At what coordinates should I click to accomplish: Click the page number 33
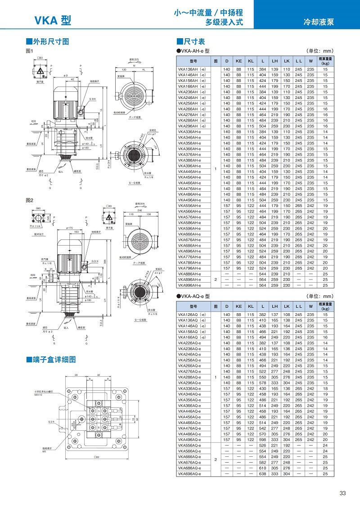pyautogui.click(x=343, y=493)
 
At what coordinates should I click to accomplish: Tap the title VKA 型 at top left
pyautogui.click(x=53, y=20)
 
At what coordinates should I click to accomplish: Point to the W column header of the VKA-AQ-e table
pyautogui.click(x=310, y=306)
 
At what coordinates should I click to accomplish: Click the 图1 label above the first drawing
pyautogui.click(x=30, y=51)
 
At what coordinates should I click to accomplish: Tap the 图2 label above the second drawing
pyautogui.click(x=30, y=199)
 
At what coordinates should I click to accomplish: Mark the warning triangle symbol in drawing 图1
pyautogui.click(x=40, y=71)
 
